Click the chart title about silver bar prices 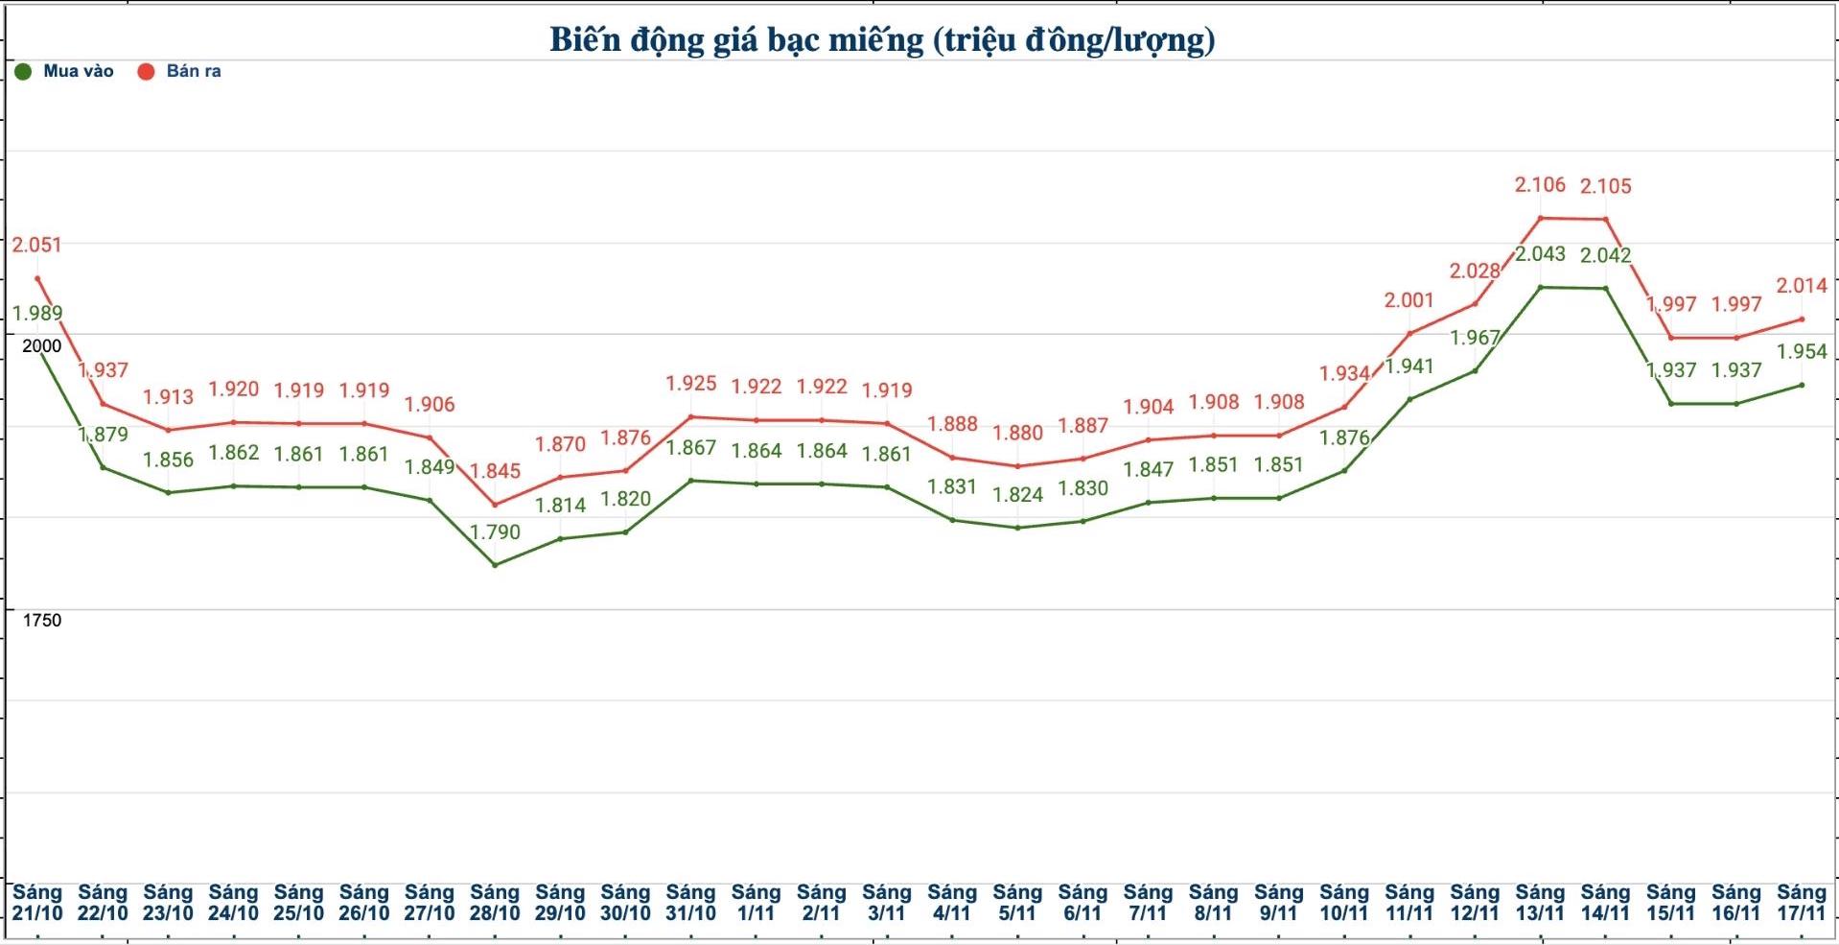(x=882, y=39)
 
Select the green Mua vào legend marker (x=24, y=72)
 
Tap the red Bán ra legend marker (x=146, y=72)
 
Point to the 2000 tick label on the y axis (x=41, y=346)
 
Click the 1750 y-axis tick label (x=41, y=621)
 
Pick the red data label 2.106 (x=1540, y=184)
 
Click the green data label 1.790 (x=495, y=532)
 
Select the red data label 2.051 (x=36, y=245)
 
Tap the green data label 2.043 (x=1540, y=254)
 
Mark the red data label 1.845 (x=495, y=471)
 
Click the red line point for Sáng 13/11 (x=1540, y=218)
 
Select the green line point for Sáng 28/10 (x=495, y=565)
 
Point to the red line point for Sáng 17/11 (x=1802, y=319)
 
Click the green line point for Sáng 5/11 (x=1017, y=528)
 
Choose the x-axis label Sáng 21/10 (x=36, y=903)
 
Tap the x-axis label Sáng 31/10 (x=690, y=903)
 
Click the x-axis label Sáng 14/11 (x=1605, y=903)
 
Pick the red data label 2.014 (x=1802, y=286)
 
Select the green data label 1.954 (x=1802, y=351)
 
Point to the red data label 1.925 (x=690, y=384)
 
